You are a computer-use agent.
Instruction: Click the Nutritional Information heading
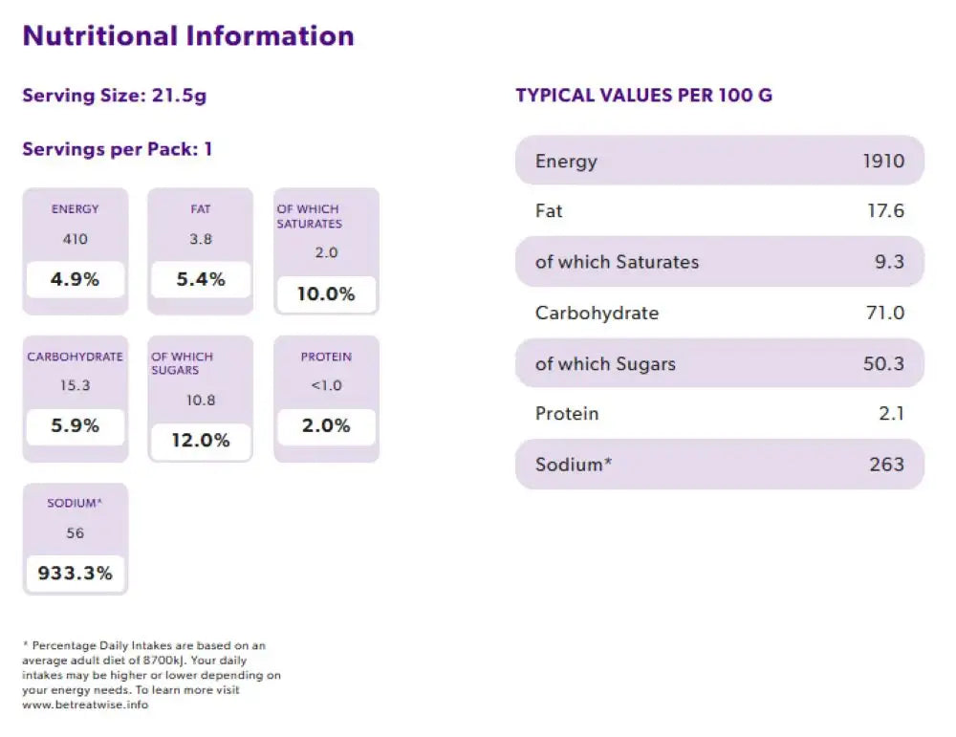188,36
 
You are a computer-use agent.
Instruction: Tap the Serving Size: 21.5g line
115,96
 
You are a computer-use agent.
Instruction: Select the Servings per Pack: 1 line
117,149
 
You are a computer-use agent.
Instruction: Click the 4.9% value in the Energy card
75,280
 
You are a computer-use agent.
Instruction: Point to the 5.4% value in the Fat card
201,280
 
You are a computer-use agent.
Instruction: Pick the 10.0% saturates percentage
326,294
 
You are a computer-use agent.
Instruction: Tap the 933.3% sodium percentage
75,574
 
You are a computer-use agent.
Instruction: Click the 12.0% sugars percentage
201,441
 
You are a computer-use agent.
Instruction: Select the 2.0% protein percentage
326,426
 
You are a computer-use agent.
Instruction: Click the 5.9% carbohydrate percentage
75,426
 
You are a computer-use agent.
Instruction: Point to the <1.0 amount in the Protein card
326,386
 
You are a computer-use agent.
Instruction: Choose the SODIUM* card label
75,503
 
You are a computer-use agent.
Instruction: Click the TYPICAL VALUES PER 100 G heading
644,96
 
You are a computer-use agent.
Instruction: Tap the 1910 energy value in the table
883,161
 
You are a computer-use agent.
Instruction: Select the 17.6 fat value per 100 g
885,211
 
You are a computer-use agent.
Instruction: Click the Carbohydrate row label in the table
597,313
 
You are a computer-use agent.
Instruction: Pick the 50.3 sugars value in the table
884,363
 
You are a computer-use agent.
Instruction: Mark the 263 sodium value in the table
886,465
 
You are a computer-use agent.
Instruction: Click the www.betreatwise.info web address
85,705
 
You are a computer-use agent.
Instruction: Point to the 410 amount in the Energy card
75,239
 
